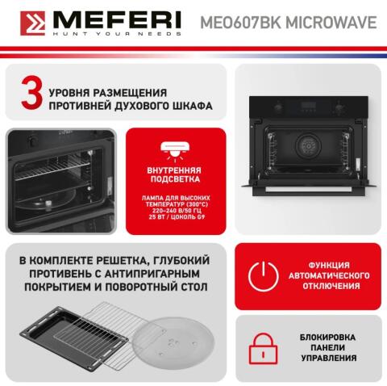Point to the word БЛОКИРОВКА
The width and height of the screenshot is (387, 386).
(x=330, y=336)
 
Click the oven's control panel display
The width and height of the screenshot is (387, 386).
(x=309, y=106)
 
